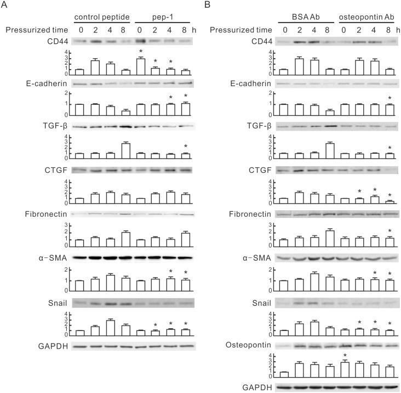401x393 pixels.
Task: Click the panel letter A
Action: point(5,6)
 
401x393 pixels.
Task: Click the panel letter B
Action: point(207,6)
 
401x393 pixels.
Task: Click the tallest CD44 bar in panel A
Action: point(141,65)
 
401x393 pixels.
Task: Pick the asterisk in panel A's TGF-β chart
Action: point(187,146)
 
